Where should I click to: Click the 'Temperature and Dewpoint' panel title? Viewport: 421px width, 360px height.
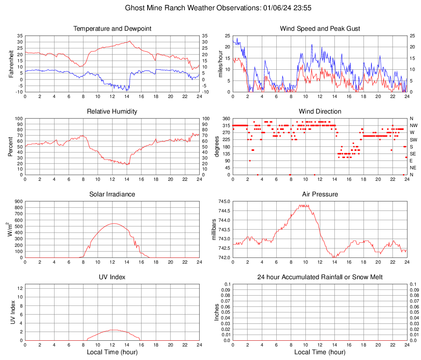pos(112,29)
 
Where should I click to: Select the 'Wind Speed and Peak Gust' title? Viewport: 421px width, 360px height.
pos(320,29)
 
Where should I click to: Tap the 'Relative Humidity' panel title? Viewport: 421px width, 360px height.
pos(112,112)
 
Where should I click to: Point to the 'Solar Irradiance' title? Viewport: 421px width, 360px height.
pos(112,194)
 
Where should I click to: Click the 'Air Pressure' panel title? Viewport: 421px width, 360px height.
pos(320,194)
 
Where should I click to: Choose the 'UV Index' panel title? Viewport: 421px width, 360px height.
pos(112,277)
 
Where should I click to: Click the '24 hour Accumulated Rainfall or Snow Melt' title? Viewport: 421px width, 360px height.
pos(320,277)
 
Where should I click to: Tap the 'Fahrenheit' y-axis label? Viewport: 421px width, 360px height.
pos(11,64)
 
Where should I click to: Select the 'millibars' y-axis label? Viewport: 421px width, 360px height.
pos(214,230)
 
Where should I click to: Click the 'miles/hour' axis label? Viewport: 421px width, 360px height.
pos(220,64)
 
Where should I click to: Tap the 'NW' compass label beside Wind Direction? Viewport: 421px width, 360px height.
pos(414,125)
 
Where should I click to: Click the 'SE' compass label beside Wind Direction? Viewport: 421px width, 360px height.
pos(413,154)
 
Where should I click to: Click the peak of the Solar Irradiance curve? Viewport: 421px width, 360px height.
pos(113,223)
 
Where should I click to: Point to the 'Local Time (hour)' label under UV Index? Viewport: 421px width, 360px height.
pos(112,352)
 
